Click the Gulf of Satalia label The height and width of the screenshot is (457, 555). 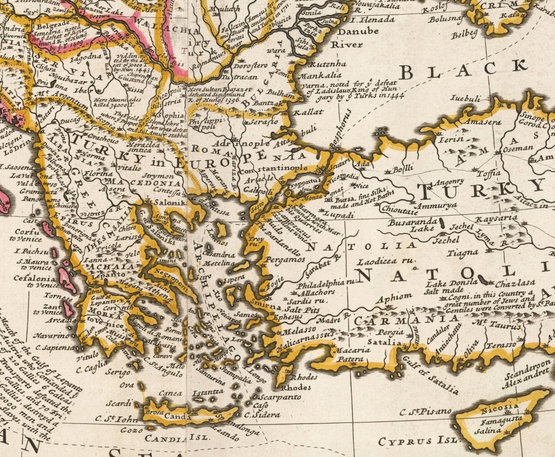[x=432, y=378]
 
